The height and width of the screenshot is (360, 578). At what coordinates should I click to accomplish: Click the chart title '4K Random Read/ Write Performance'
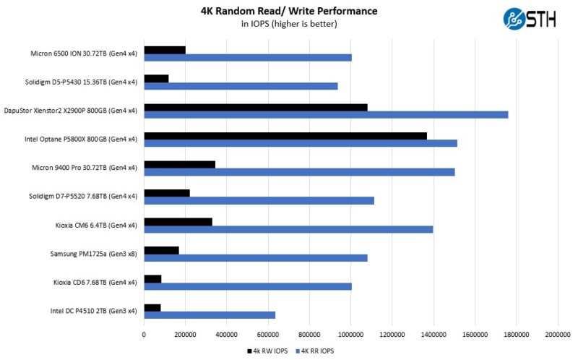point(289,11)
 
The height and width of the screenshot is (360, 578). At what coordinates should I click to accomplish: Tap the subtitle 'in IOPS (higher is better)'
point(289,24)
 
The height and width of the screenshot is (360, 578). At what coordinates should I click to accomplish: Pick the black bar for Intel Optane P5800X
point(285,135)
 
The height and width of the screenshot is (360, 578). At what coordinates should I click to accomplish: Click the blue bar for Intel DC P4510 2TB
point(210,314)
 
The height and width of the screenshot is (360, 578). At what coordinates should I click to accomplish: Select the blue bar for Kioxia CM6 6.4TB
point(288,229)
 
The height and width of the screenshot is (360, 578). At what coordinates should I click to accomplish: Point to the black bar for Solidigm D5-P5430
point(156,78)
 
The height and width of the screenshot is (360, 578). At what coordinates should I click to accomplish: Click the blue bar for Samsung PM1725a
point(256,257)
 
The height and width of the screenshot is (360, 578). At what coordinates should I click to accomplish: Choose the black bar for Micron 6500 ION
point(165,50)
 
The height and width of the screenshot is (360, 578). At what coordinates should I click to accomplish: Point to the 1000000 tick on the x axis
point(350,335)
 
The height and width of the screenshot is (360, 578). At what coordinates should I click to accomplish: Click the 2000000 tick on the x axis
point(557,335)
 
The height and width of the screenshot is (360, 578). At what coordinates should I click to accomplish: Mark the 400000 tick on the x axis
point(226,335)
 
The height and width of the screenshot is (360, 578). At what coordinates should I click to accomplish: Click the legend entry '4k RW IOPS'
point(267,351)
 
